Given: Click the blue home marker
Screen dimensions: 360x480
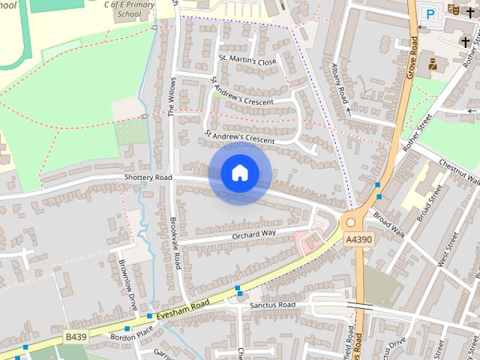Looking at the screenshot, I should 239,173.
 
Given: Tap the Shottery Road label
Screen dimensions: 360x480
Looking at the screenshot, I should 148,178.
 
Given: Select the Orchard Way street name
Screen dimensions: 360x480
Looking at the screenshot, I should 253,233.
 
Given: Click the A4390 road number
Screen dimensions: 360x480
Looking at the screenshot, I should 358,239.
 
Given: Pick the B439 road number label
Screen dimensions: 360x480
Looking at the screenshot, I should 76,337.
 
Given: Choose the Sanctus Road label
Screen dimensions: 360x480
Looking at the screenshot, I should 273,305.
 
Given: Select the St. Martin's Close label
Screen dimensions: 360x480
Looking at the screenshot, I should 247,60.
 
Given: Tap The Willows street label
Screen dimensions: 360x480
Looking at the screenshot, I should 172,95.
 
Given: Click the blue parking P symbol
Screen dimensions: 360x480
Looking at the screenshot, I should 430,13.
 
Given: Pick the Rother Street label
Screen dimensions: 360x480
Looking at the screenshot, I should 417,134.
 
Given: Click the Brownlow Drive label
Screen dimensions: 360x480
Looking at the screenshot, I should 128,276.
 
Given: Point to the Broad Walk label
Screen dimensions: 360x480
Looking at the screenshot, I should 388,229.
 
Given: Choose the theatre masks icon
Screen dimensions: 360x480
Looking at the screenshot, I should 452,10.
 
